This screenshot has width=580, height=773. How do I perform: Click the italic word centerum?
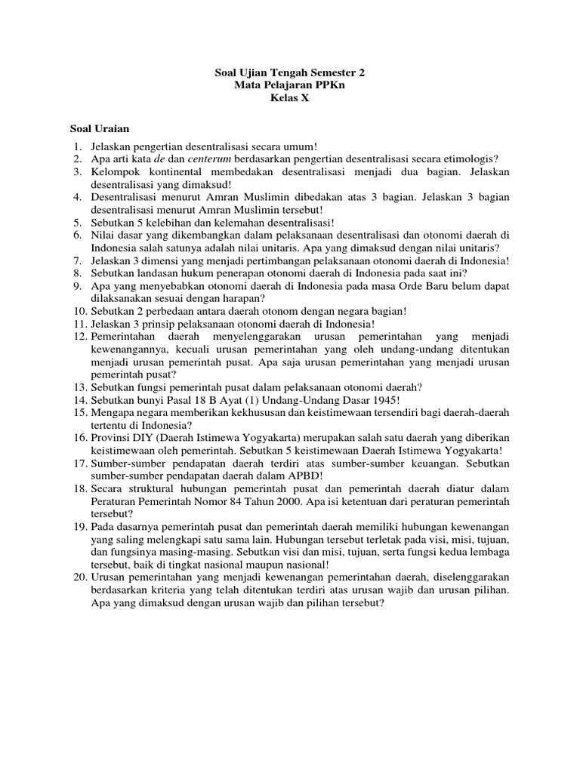click(x=209, y=159)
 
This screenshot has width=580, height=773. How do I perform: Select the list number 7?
click(x=77, y=260)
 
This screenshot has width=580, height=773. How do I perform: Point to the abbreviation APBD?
click(x=301, y=476)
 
